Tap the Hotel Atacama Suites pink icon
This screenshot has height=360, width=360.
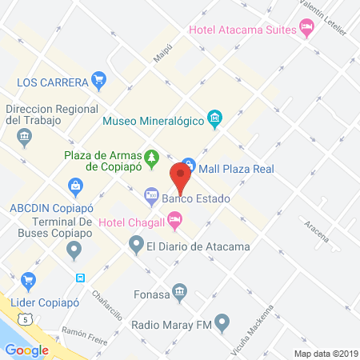pyautogui.click(x=307, y=30)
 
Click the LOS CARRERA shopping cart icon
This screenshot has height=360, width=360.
pyautogui.click(x=99, y=79)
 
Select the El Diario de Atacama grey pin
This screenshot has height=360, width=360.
pyautogui.click(x=135, y=246)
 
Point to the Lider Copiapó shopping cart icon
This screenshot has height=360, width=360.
pyautogui.click(x=30, y=281)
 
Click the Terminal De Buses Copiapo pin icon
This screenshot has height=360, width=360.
pyautogui.click(x=75, y=250)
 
